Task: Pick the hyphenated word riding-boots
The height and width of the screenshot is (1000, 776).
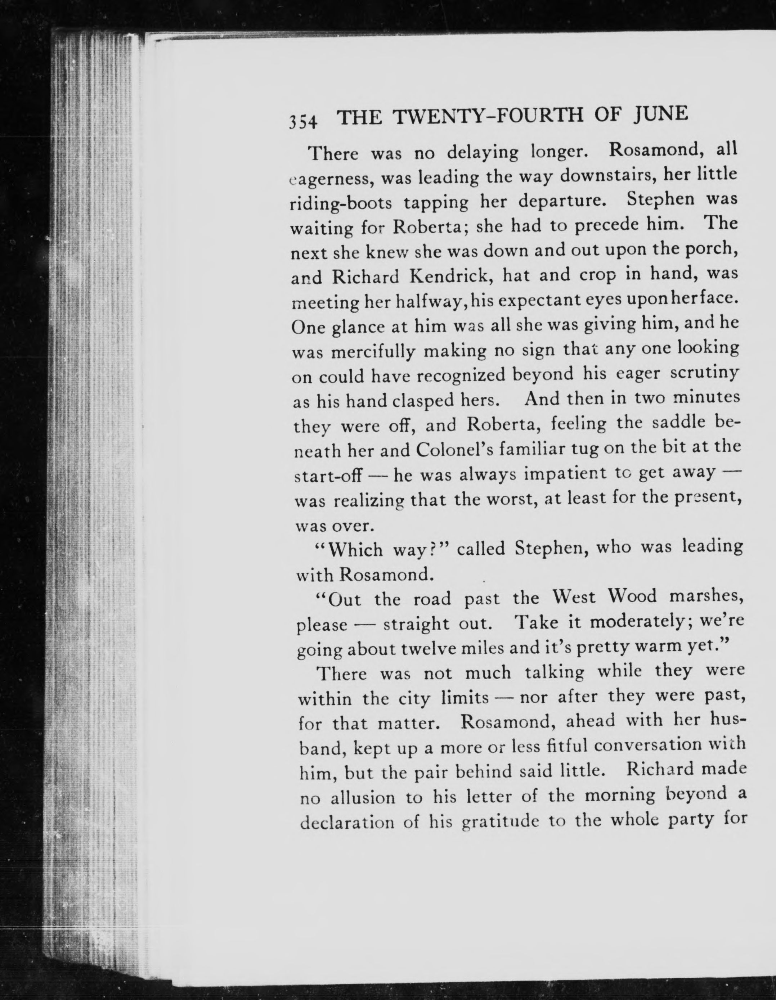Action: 341,203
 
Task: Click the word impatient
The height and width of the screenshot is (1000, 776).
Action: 574,473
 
